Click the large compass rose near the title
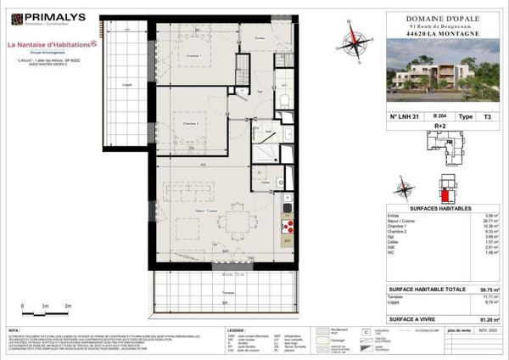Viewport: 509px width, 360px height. (350, 37)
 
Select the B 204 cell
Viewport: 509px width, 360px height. (440, 115)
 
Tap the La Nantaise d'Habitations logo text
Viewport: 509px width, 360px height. (53, 45)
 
